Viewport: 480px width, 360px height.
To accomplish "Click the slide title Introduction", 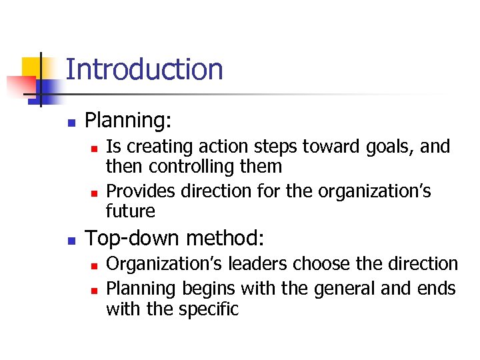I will [x=144, y=69].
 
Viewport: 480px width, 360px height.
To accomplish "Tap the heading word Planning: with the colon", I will [x=129, y=121].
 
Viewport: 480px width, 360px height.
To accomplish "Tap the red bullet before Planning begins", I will [x=94, y=290].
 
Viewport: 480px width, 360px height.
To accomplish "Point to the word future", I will [x=130, y=211].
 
